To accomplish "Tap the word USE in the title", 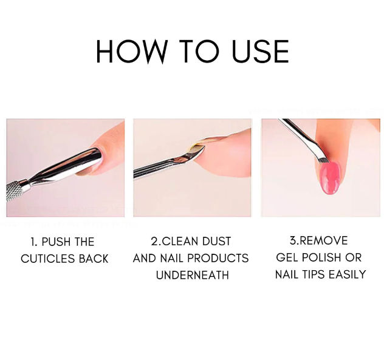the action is [260, 52].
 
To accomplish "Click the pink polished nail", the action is [330, 178].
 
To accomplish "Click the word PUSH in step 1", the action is [56, 242].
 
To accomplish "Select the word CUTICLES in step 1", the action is [48, 259].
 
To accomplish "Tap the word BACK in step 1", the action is [94, 259].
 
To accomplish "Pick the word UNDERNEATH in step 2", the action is [192, 276].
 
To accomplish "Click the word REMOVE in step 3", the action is [323, 241].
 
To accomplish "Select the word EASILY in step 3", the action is [347, 274].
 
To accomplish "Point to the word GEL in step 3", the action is [287, 257].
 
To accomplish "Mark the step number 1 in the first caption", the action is [33, 242].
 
